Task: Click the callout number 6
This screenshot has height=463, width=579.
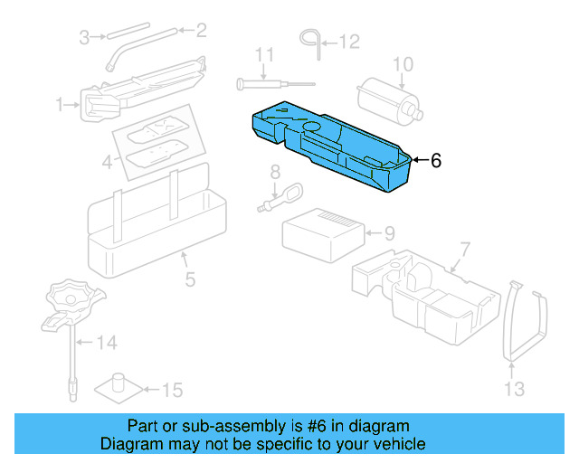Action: click(435, 161)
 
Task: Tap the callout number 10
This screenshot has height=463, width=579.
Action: click(403, 63)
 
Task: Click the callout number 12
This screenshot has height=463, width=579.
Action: click(349, 42)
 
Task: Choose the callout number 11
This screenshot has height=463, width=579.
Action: click(263, 56)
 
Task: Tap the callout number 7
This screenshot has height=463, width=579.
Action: click(465, 249)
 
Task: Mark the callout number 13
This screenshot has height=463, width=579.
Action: click(513, 390)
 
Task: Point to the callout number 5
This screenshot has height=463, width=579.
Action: click(190, 279)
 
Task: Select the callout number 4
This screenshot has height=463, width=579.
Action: click(108, 164)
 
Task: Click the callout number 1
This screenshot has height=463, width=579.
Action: click(61, 106)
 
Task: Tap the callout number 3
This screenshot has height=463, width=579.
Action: click(84, 38)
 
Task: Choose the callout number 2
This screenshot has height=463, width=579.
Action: click(201, 31)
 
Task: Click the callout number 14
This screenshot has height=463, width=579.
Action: click(108, 343)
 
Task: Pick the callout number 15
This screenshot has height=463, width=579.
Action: click(172, 391)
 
